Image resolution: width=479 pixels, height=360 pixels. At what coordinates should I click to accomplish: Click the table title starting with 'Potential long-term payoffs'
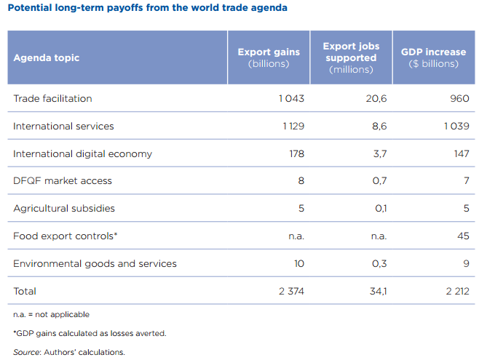tap(146, 9)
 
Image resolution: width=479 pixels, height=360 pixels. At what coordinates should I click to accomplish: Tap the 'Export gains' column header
tap(269, 57)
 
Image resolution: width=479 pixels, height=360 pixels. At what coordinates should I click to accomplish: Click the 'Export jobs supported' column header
tap(351, 57)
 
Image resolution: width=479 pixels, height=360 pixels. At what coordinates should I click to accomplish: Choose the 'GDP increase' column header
tap(433, 57)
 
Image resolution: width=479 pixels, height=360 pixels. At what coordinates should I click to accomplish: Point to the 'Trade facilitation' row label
tap(52, 98)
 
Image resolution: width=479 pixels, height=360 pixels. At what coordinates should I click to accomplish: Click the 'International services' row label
tap(63, 126)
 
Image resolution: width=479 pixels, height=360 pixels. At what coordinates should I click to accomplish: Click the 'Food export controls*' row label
tap(66, 236)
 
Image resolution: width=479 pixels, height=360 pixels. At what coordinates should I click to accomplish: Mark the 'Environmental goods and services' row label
tap(95, 263)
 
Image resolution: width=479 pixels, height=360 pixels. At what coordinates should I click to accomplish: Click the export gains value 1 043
tap(291, 98)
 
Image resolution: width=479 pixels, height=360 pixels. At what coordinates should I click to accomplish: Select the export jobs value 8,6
tap(379, 126)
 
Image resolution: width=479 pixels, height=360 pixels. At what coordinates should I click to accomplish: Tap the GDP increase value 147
tap(460, 153)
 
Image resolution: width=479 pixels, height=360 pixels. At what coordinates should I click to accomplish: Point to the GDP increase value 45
tap(463, 236)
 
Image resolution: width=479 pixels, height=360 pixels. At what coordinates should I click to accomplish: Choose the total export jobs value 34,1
tap(376, 291)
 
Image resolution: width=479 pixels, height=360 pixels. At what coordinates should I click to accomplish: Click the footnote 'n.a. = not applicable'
tap(51, 314)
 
